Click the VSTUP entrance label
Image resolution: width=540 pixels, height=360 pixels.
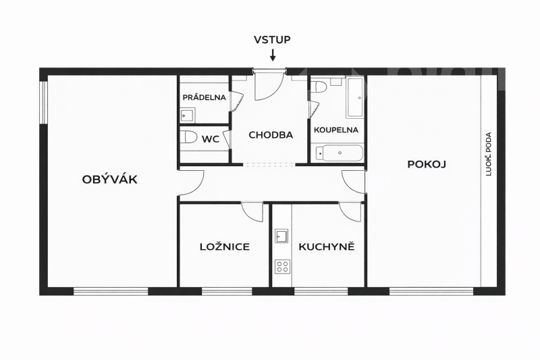point(272,39)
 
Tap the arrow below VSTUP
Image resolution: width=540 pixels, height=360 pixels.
point(273,55)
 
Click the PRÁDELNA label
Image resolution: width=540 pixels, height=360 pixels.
point(204,97)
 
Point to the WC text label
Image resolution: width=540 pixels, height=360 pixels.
point(211,139)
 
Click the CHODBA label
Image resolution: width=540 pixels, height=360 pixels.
point(271,135)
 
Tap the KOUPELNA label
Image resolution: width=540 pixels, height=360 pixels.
point(336,130)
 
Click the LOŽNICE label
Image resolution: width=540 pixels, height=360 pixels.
point(225,247)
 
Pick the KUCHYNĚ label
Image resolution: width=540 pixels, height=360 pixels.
point(327,247)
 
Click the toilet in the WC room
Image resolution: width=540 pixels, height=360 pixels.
point(189,138)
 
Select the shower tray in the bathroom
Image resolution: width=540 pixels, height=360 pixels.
point(354,97)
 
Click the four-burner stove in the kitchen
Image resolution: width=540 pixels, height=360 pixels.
point(282,266)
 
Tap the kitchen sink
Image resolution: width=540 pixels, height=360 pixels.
point(282,236)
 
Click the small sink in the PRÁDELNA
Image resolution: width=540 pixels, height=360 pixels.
point(187,116)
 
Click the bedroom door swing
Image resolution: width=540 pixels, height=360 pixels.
point(253,213)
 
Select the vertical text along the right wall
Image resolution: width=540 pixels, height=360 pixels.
point(489,154)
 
